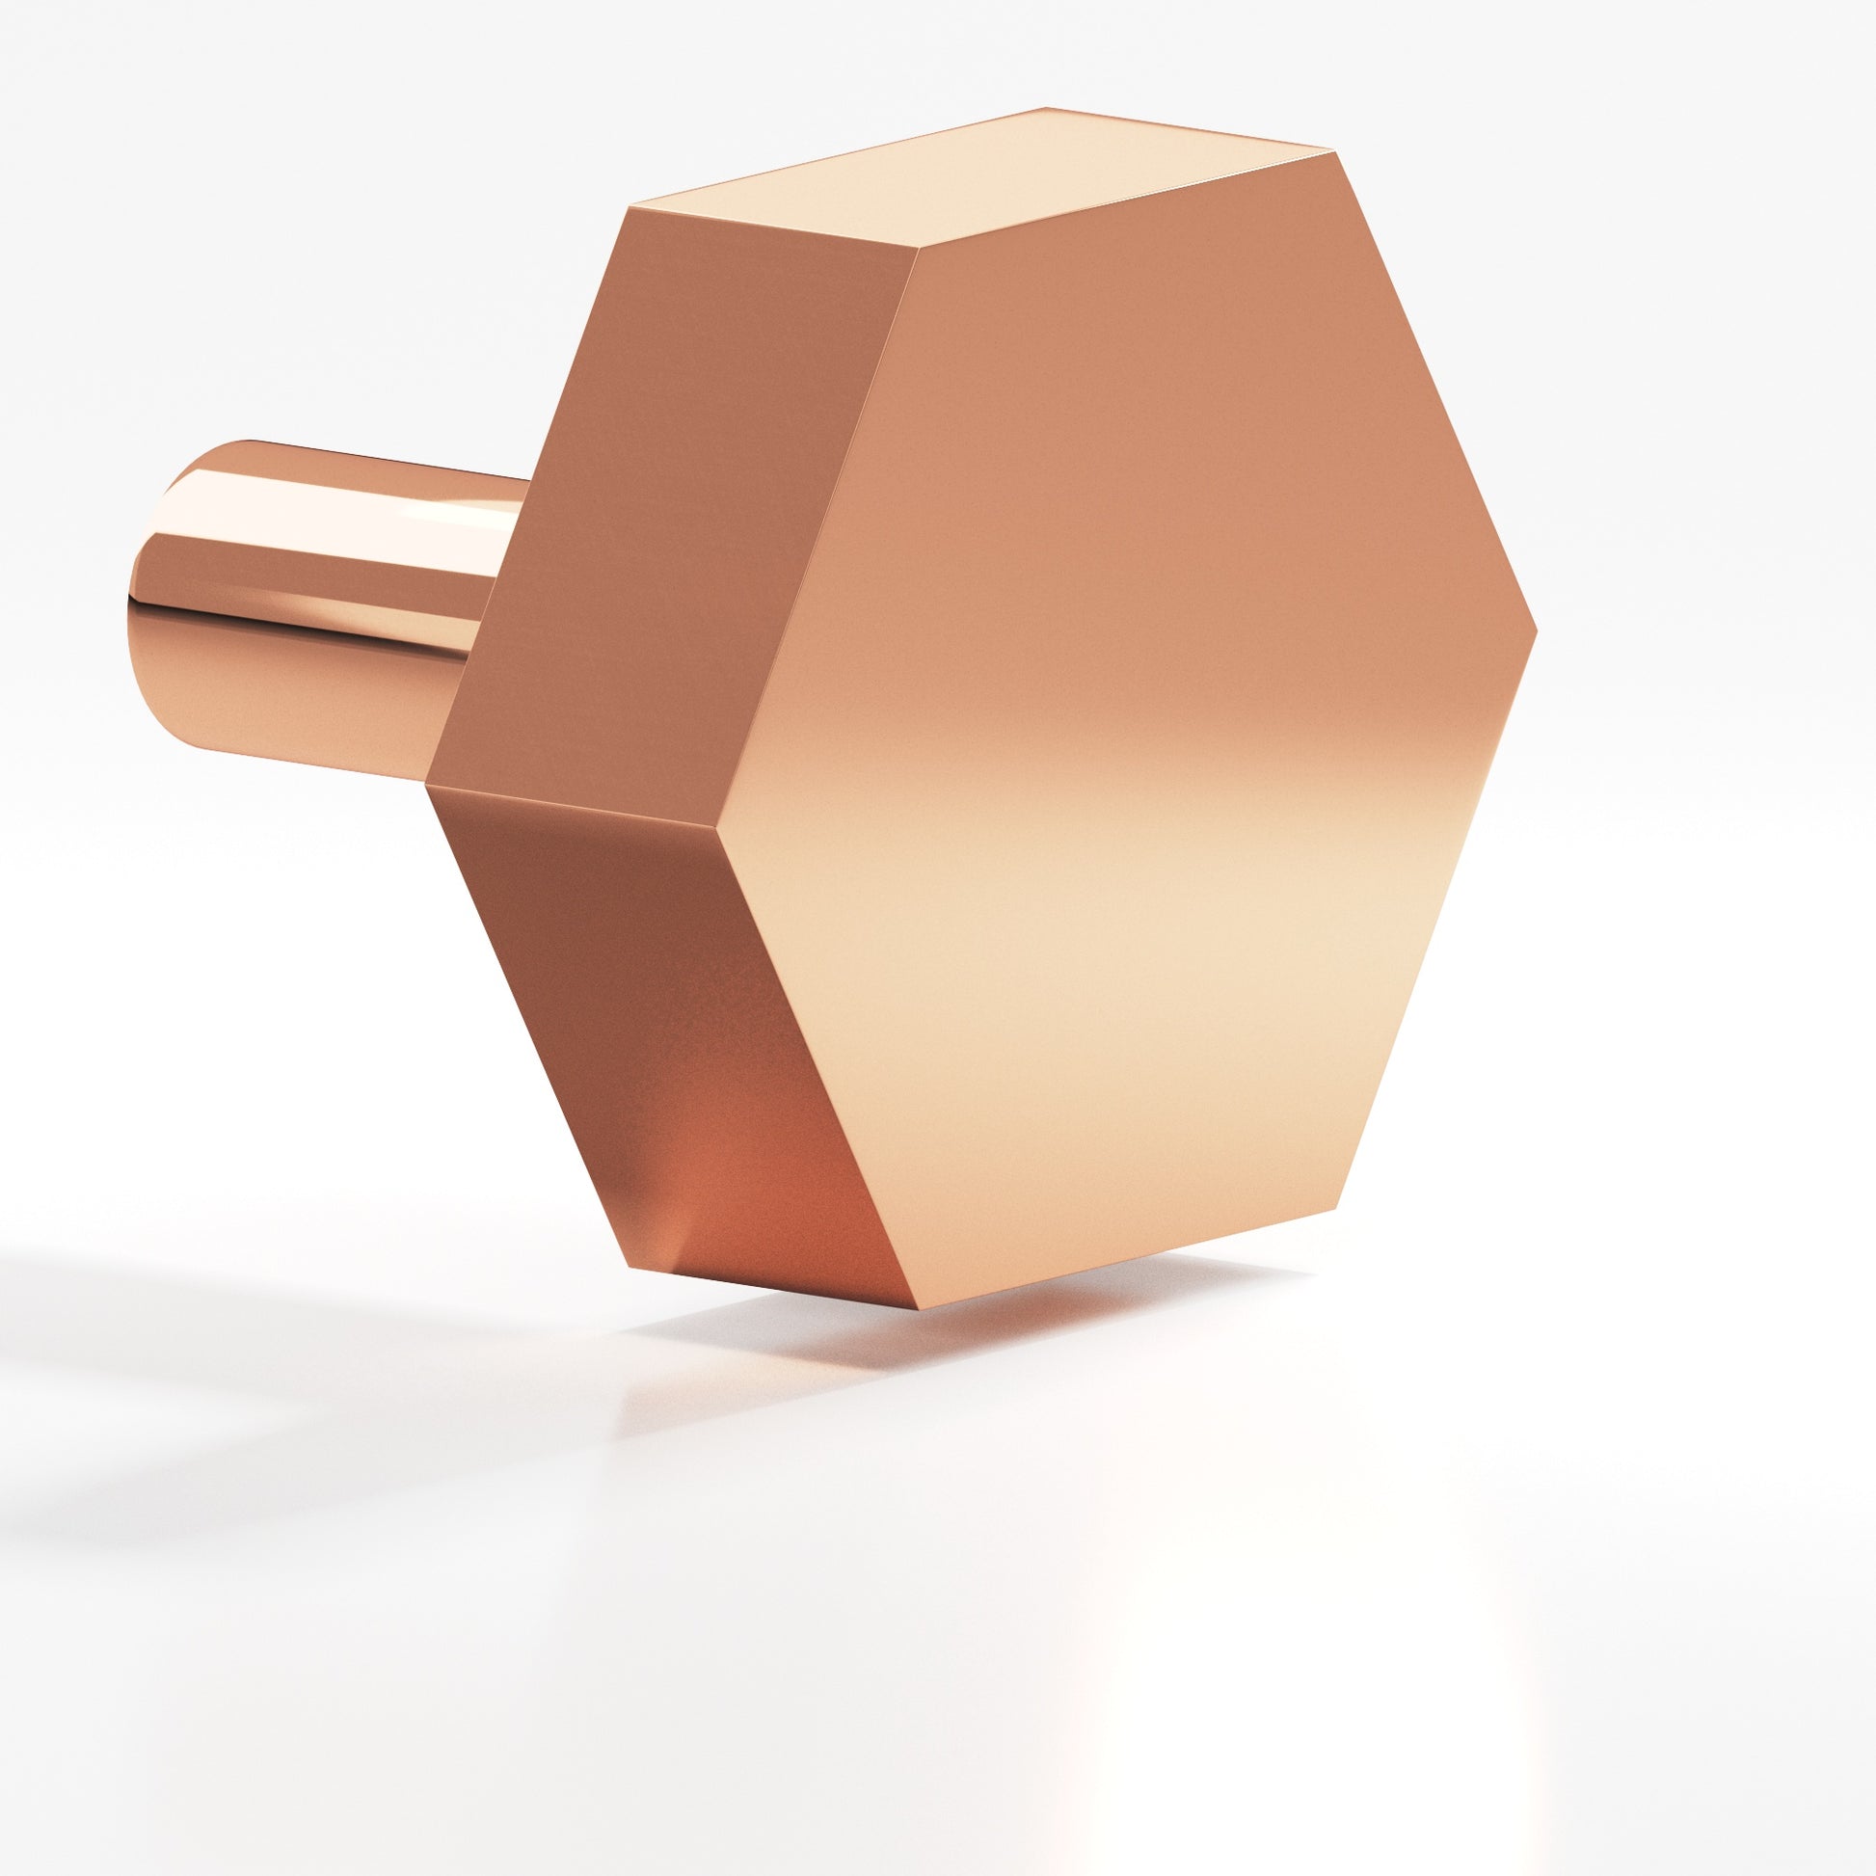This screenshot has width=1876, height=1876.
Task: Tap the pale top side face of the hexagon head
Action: click(980, 184)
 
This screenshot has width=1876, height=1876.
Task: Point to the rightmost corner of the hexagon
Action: click(1536, 630)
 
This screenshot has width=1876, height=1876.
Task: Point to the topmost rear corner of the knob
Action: click(1046, 107)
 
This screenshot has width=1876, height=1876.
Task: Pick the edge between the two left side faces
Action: click(582, 806)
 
